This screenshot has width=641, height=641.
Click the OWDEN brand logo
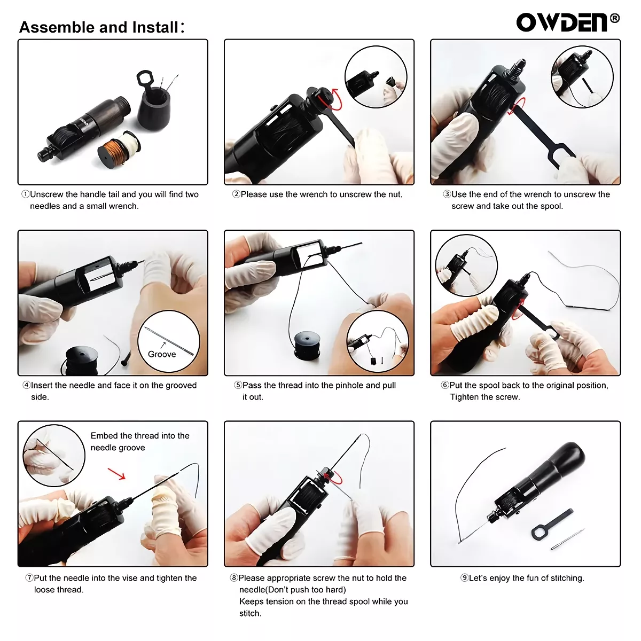562,22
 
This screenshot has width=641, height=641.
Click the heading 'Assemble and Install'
101,27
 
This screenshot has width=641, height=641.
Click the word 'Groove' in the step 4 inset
162,354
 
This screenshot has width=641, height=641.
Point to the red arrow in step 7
116,474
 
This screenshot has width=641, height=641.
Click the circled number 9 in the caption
464,578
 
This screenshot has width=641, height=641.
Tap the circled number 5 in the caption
238,385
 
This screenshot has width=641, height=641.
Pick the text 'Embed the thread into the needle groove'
139,442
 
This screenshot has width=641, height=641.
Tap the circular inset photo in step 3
582,77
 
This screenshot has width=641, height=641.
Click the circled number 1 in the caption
25,194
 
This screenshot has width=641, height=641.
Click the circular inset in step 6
466,265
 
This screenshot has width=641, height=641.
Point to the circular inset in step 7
54,455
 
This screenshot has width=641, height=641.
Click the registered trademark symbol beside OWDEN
615,18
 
